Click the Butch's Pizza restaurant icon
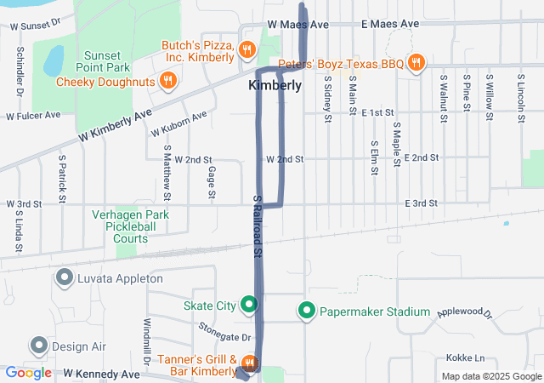[x=246, y=49]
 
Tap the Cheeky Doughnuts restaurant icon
[x=168, y=81]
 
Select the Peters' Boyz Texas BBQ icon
[x=416, y=62]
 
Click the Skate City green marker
[x=249, y=304]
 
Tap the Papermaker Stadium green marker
[x=307, y=312]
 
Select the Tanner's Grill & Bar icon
[x=247, y=363]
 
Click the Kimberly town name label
[x=275, y=86]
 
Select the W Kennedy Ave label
[x=100, y=374]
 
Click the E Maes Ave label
[x=390, y=25]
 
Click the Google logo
[x=28, y=373]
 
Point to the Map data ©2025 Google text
[x=490, y=376]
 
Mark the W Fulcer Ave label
[x=33, y=115]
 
